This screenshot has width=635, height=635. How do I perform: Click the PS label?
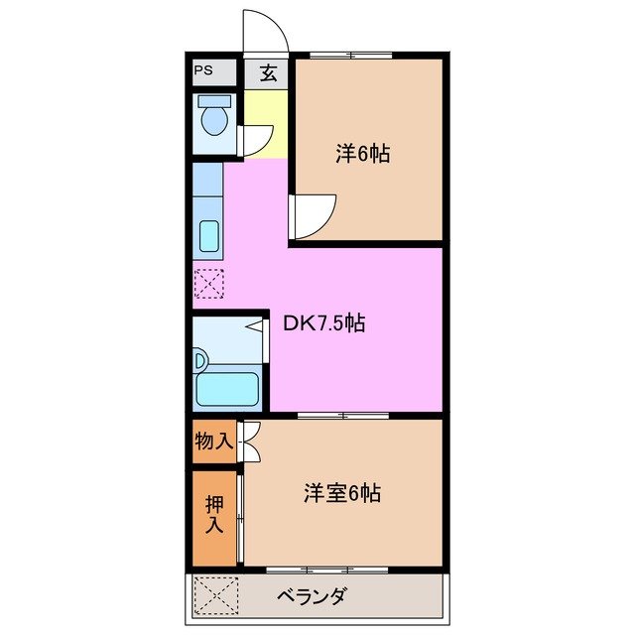(203, 70)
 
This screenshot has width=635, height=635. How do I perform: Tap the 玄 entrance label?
(268, 72)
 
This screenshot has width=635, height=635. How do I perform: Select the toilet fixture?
(214, 119)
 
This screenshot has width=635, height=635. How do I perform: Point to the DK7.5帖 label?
(324, 322)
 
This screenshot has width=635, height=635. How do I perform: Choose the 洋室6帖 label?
(342, 492)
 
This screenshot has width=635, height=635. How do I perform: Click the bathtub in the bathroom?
(228, 386)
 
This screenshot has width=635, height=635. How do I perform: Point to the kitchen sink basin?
(209, 237)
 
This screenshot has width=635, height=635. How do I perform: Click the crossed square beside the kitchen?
(209, 285)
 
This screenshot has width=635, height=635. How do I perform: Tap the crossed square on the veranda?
(216, 596)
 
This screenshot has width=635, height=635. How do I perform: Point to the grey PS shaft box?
(214, 72)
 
